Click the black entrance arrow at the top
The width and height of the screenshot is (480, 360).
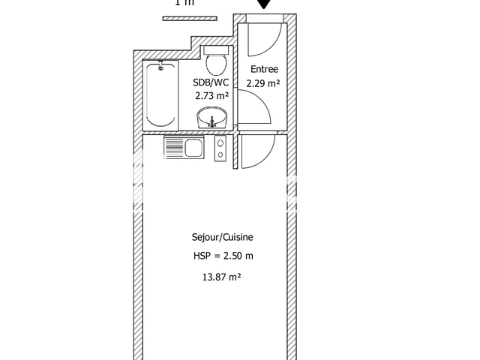coord(263,4)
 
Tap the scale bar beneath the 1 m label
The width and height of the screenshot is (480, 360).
coord(190,18)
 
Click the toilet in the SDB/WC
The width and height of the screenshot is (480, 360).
coord(216,59)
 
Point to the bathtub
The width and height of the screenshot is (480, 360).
coord(160,96)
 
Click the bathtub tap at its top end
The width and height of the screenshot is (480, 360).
coord(160,68)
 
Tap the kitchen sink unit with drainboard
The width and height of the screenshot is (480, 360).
coord(184,147)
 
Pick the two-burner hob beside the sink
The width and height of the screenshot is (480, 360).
coord(220,148)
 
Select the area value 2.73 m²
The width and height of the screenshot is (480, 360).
coord(211,96)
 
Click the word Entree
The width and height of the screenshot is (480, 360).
coord(264,70)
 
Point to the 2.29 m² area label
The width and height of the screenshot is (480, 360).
coord(264,83)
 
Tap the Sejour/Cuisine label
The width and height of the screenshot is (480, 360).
coord(222,238)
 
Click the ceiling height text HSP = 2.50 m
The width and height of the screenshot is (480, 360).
coord(222,256)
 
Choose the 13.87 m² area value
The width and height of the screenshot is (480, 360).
coord(222,277)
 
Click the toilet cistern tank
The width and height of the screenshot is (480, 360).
coord(216,49)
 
